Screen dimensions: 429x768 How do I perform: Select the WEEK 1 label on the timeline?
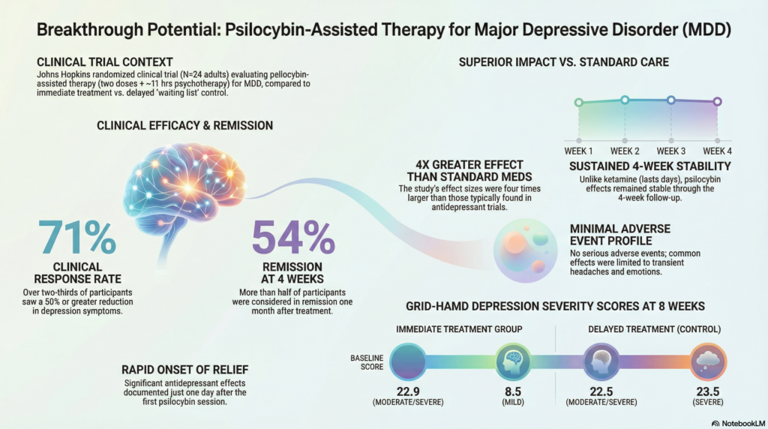coord(578,151)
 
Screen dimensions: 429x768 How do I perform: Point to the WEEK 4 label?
coord(717,151)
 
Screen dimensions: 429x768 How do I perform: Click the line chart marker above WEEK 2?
coord(624,100)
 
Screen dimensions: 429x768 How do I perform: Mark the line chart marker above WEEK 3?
coord(670,100)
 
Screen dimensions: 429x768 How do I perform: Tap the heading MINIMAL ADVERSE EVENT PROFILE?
coord(619,235)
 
